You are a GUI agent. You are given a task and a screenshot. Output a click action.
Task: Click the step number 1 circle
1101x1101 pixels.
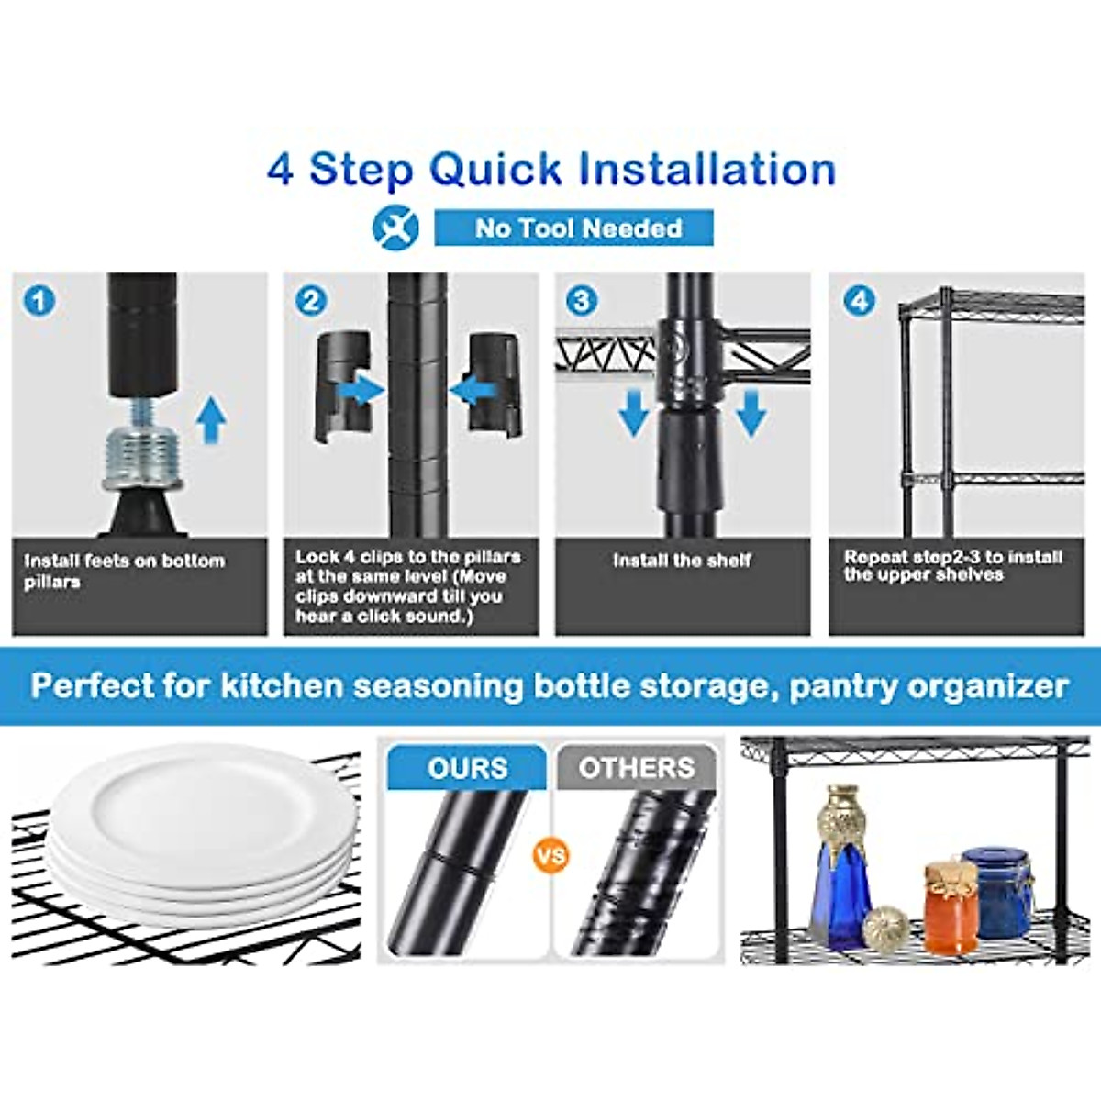point(39,301)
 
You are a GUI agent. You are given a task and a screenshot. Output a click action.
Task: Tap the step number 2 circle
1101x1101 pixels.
point(311,301)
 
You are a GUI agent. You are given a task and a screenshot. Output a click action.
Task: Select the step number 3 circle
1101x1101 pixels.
point(582,300)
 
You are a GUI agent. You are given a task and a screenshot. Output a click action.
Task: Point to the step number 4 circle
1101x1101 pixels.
point(859,300)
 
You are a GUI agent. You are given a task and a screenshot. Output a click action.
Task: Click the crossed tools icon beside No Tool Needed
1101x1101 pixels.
point(395,228)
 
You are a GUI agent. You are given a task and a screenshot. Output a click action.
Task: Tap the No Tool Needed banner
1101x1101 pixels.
point(574,228)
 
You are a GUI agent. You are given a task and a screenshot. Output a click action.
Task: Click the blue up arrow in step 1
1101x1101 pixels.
point(212,420)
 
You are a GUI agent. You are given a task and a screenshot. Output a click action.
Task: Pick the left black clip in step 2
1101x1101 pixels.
point(341,385)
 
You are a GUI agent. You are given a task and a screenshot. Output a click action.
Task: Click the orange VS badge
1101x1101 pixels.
point(550,856)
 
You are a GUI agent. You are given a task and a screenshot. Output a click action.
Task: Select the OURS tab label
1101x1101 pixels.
point(467,768)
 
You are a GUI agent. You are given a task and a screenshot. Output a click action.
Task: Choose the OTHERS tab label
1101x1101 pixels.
point(636,768)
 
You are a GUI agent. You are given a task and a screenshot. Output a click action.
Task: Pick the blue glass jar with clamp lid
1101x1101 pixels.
point(998,890)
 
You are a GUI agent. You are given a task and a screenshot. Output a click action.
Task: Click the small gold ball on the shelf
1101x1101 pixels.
point(886,927)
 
